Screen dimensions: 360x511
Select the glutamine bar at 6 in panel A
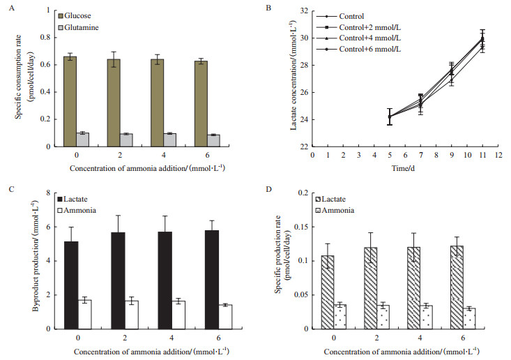point(214,140)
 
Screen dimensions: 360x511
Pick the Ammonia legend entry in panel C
point(84,202)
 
